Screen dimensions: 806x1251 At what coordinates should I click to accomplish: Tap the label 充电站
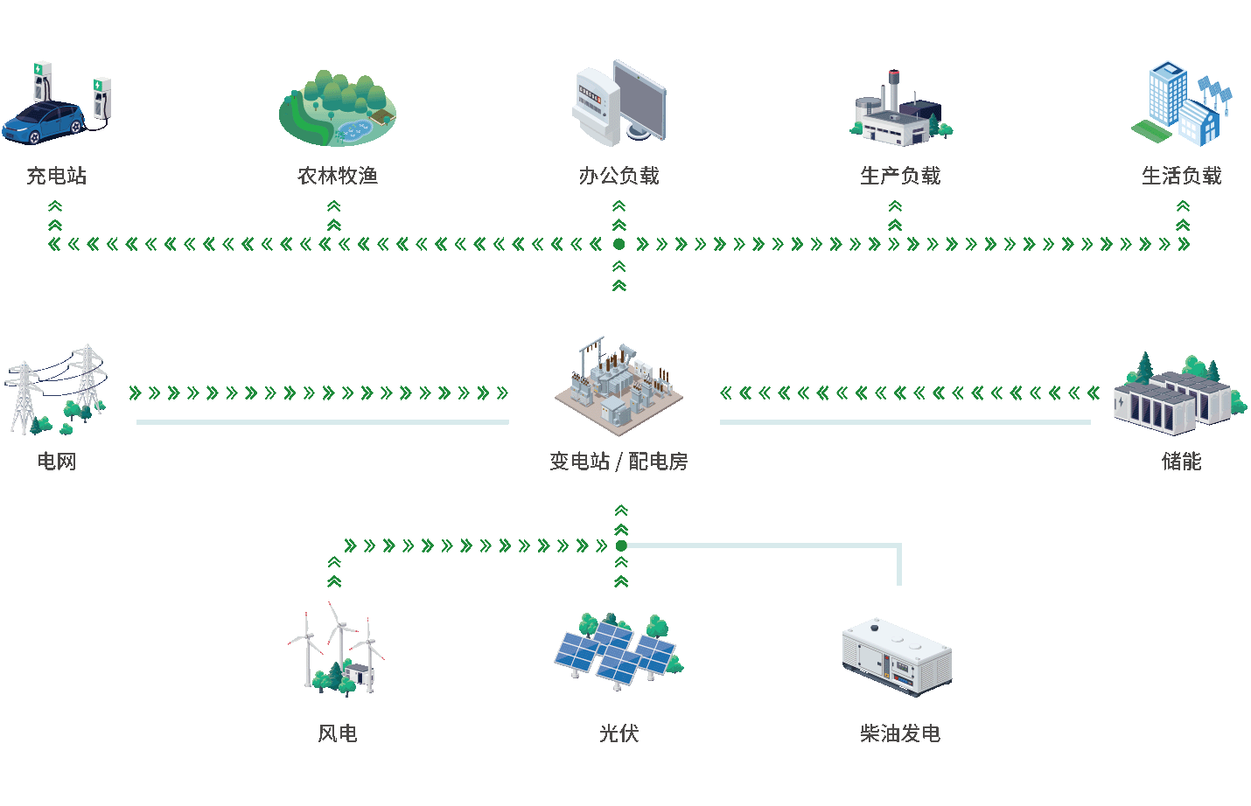(57, 176)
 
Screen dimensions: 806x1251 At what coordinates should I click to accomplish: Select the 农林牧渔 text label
(338, 176)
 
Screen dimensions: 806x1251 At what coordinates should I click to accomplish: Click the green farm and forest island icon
(338, 110)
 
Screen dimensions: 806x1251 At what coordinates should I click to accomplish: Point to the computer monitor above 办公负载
(639, 99)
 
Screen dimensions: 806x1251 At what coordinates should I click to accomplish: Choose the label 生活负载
(1181, 176)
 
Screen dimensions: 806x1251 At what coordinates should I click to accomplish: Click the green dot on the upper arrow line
(619, 245)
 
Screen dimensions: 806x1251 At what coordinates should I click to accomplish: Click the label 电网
(57, 461)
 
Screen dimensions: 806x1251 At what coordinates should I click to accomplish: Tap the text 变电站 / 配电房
(619, 461)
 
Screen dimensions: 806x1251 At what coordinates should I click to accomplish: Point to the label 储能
(1181, 461)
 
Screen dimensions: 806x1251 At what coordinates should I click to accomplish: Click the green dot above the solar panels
(621, 545)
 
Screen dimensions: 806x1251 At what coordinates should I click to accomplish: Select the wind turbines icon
(338, 650)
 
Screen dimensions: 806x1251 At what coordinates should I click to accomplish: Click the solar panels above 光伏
(619, 652)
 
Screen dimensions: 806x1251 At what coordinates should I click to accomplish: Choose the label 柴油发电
(899, 733)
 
